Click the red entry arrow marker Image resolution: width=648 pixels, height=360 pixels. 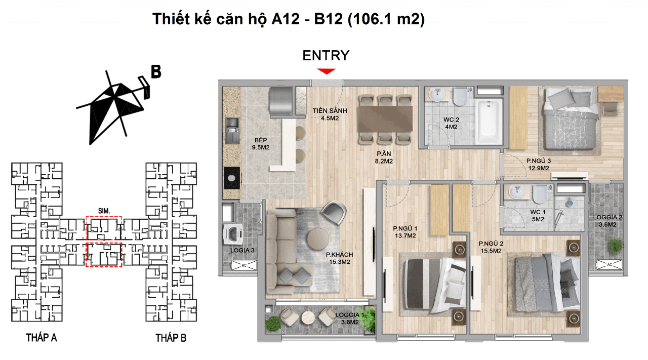click(x=326, y=71)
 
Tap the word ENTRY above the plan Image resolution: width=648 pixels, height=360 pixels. click(x=326, y=56)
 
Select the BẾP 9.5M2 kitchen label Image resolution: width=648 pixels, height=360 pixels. click(x=261, y=144)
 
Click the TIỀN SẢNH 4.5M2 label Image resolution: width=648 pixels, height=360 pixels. click(x=330, y=114)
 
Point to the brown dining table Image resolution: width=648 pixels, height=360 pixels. click(x=385, y=118)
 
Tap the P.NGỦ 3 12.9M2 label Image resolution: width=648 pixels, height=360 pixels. click(x=538, y=165)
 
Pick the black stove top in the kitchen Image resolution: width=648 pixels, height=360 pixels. click(x=232, y=178)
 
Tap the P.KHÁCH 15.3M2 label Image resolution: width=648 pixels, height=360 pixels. click(x=339, y=258)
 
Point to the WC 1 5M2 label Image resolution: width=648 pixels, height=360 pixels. click(x=538, y=216)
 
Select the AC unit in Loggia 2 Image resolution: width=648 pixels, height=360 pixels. click(x=610, y=264)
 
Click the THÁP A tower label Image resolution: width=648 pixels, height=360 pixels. click(x=42, y=338)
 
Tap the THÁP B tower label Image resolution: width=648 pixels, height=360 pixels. click(x=171, y=338)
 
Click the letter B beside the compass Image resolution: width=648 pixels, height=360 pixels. click(x=156, y=71)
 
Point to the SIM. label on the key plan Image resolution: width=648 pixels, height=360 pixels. click(x=104, y=211)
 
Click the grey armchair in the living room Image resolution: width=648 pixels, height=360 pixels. click(x=334, y=213)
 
